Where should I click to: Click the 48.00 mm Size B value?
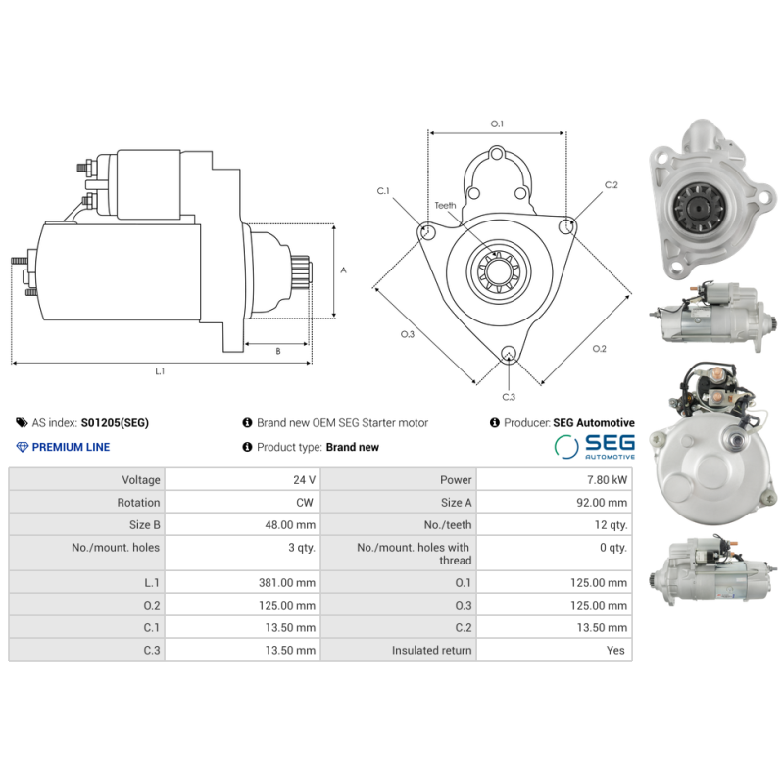[x=292, y=525]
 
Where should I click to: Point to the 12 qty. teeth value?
[x=612, y=525]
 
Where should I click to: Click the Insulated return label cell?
[x=431, y=651]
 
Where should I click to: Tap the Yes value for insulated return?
[x=615, y=651]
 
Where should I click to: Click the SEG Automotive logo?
[x=594, y=447]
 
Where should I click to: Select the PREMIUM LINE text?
[x=71, y=447]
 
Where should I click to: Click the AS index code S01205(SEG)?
[x=115, y=423]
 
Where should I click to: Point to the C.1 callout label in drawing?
[x=383, y=190]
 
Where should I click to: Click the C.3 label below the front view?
[x=509, y=397]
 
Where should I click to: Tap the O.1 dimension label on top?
[x=497, y=123]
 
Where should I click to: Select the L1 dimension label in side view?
[x=160, y=371]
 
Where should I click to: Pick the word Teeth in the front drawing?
[x=446, y=206]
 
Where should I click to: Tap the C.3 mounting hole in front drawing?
[x=508, y=354]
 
